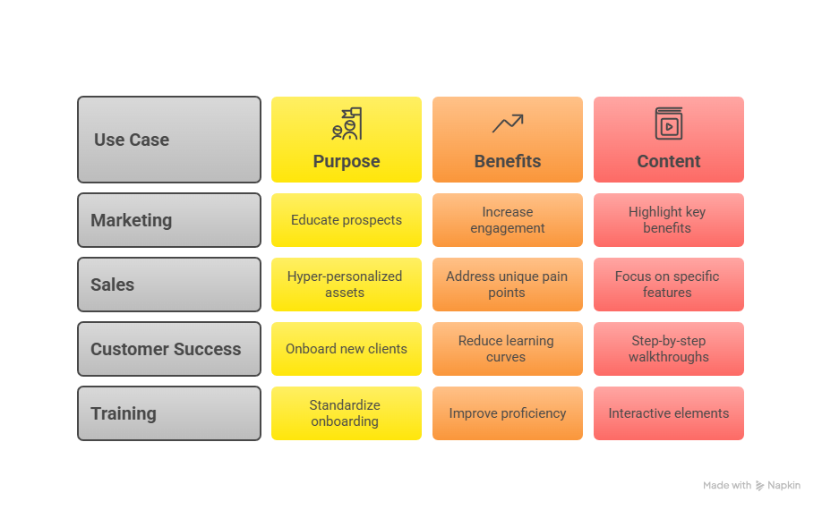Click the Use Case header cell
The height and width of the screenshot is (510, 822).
pos(168,140)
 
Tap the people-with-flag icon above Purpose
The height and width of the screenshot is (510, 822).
pos(347,124)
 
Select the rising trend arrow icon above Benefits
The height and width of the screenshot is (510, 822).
pos(507,123)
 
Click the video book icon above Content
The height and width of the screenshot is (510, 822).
pos(668,124)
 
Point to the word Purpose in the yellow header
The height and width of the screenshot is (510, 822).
pos(347,162)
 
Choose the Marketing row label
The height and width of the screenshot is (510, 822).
pos(168,220)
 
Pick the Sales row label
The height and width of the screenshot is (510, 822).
pos(168,285)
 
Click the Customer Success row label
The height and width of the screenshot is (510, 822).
pos(168,349)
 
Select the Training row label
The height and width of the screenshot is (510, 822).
pos(168,413)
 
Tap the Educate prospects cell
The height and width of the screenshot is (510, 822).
pos(347,220)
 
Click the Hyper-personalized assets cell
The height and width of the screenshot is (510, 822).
pos(347,285)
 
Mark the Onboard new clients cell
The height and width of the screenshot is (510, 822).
pos(347,349)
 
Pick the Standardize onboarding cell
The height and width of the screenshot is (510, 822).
pos(347,413)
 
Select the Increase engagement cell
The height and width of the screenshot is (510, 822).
pos(508,220)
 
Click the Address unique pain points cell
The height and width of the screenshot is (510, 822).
pos(508,285)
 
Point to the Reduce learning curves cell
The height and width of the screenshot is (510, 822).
pos(508,349)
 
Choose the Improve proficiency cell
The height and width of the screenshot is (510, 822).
pos(508,413)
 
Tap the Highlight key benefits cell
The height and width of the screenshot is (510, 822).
pos(668,220)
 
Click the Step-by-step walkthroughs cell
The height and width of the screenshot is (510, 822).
pos(668,349)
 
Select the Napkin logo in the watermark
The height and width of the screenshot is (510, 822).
pos(760,486)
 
